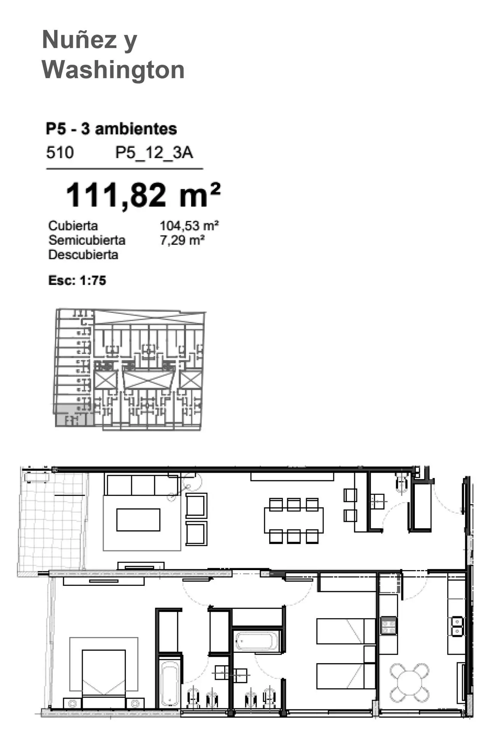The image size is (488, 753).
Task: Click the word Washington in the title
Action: [113, 70]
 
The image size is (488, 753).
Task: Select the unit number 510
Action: [60, 152]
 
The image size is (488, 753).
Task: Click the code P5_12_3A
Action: [154, 153]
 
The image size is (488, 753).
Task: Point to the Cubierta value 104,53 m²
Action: [189, 225]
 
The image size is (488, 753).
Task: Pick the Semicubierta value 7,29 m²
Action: [182, 240]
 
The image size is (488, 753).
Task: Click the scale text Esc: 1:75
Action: [77, 280]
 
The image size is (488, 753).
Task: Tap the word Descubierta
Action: [83, 254]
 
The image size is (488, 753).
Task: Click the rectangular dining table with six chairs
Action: [294, 520]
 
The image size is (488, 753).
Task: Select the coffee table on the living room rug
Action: [138, 520]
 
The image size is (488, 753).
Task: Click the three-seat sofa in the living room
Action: [142, 484]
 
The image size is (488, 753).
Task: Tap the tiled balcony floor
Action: [52, 521]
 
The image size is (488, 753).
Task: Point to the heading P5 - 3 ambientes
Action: [111, 129]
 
